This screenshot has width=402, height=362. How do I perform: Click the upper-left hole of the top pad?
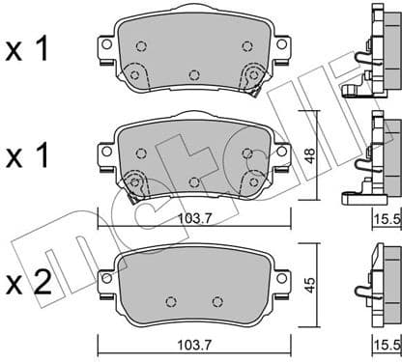pyautogui.click(x=141, y=44)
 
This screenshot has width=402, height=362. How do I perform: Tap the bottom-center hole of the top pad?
pyautogui.click(x=194, y=75)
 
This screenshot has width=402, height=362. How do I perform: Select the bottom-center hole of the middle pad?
pyautogui.click(x=194, y=181)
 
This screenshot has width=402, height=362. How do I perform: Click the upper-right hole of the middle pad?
pyautogui.click(x=247, y=153)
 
